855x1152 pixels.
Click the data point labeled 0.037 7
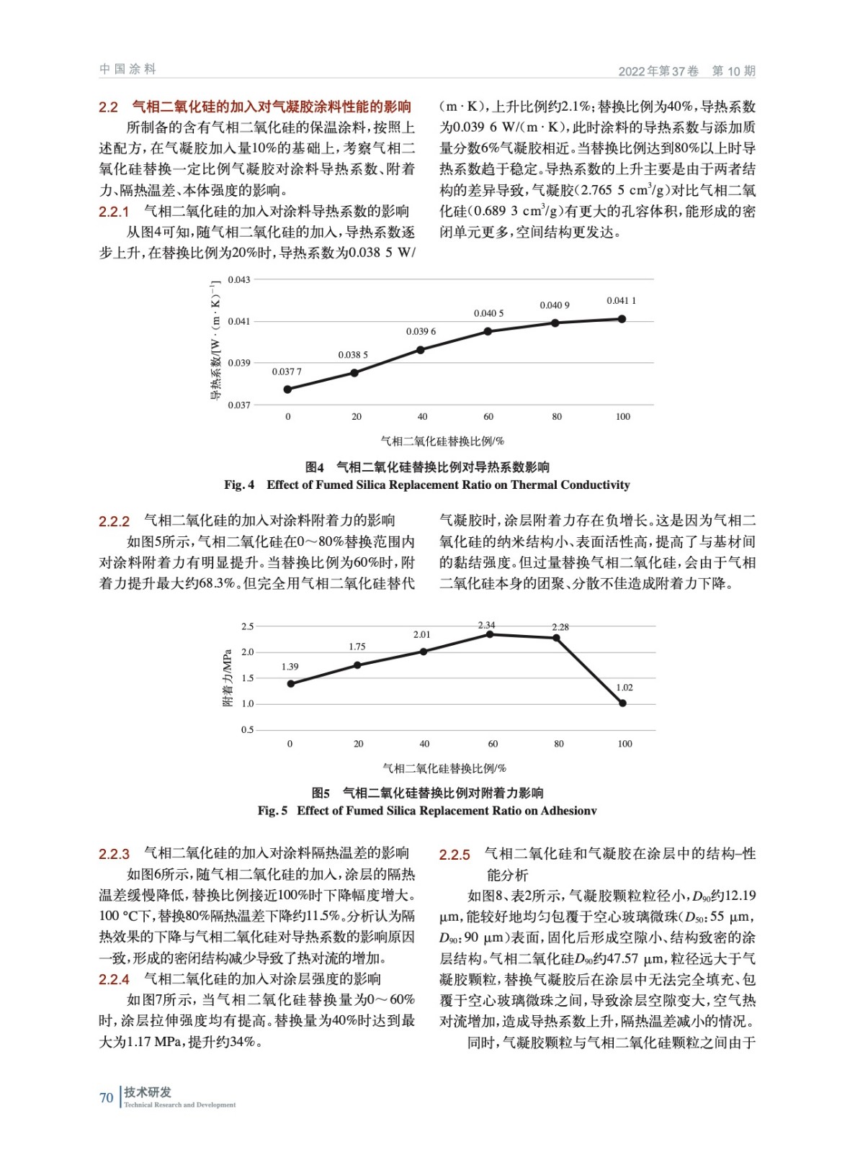(x=288, y=390)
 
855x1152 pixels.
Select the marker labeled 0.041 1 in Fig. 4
(x=622, y=319)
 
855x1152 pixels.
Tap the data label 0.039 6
(x=421, y=332)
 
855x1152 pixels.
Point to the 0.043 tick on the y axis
(x=239, y=279)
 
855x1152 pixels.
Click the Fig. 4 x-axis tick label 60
(x=488, y=417)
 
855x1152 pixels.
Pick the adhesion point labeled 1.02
(x=622, y=703)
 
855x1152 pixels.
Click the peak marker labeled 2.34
(x=490, y=634)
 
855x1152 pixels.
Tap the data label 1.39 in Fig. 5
(x=290, y=667)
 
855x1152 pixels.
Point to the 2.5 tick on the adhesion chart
(x=247, y=626)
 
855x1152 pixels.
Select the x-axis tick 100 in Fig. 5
(x=625, y=744)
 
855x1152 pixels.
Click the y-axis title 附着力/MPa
(x=228, y=678)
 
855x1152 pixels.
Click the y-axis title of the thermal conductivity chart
(x=215, y=340)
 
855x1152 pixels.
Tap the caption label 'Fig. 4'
(x=239, y=485)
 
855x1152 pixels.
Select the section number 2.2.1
(x=114, y=212)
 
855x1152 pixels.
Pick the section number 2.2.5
(x=455, y=855)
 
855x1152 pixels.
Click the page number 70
(x=106, y=1098)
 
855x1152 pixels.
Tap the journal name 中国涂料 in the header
(x=127, y=69)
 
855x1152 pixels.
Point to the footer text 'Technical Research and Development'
(x=179, y=1105)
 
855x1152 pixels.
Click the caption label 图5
(x=321, y=793)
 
